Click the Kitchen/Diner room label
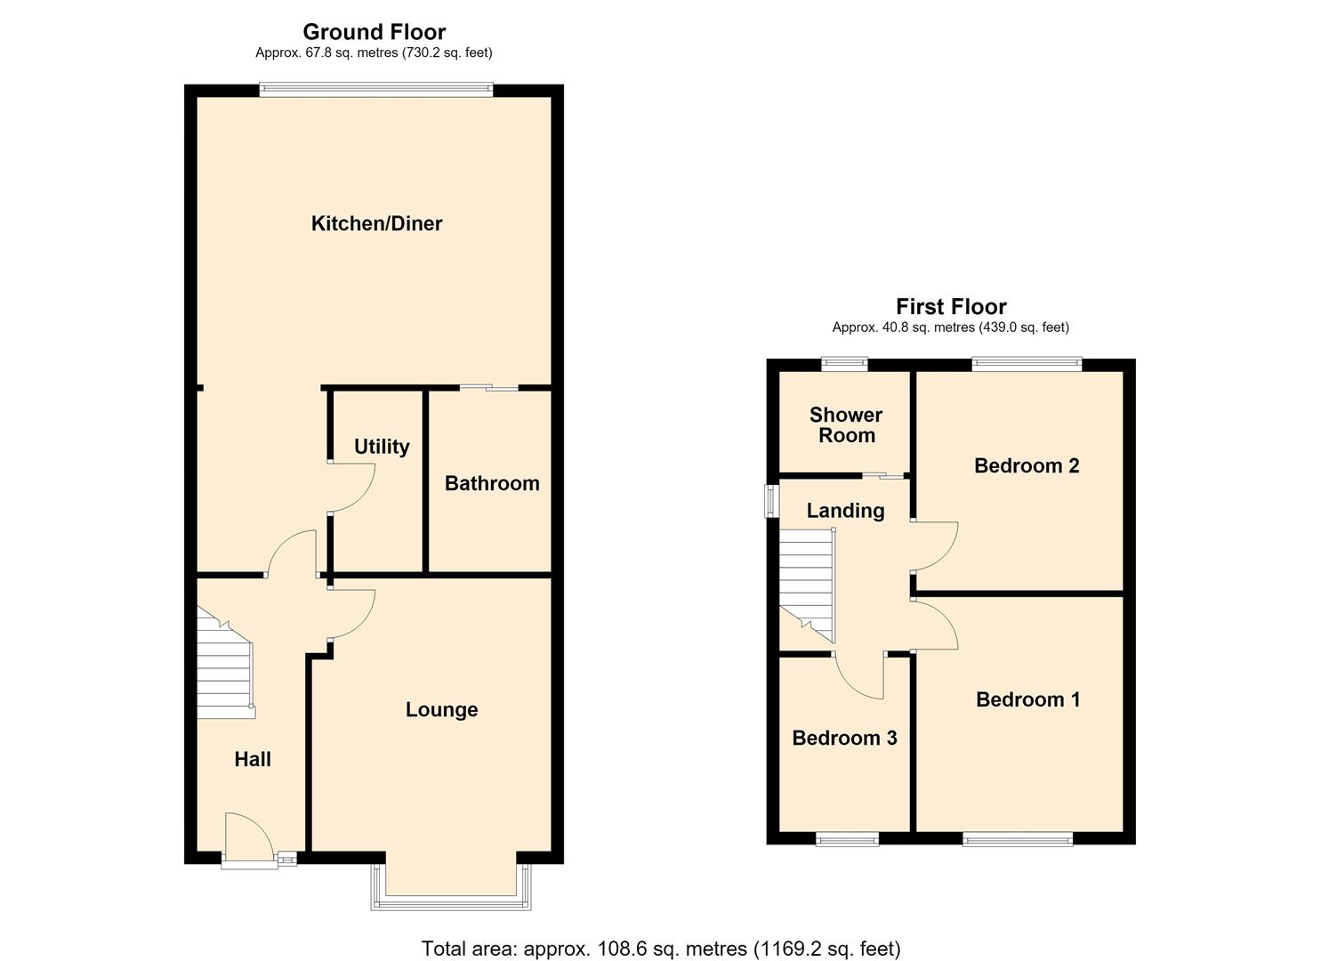[x=376, y=223]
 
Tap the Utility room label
[x=382, y=447]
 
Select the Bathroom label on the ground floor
[x=492, y=483]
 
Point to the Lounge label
[x=442, y=710]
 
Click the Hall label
[x=253, y=759]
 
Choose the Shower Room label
[x=846, y=424]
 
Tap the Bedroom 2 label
[x=1027, y=465]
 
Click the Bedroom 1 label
[x=1028, y=699]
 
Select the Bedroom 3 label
[x=844, y=738]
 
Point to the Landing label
[x=845, y=511]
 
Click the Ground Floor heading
[x=374, y=31]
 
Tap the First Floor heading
[x=951, y=306]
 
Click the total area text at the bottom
[x=660, y=948]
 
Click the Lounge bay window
[x=451, y=902]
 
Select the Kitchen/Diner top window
[x=376, y=89]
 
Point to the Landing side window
[x=770, y=502]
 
